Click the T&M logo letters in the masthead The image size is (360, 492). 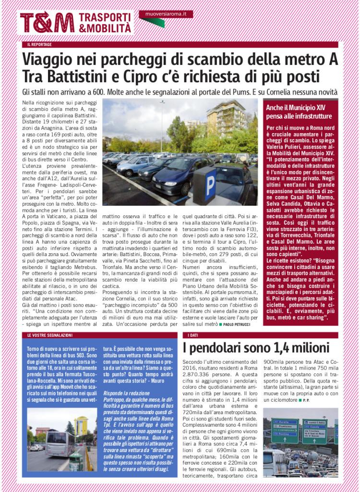coord(47,22)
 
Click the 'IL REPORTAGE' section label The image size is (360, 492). coord(39,45)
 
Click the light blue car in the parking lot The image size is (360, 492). coord(132,166)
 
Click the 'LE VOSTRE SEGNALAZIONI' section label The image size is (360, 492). coord(49,335)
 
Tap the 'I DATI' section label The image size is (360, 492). coord(192,335)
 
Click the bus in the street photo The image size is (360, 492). coord(60,443)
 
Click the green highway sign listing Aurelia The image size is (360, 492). coord(285,430)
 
